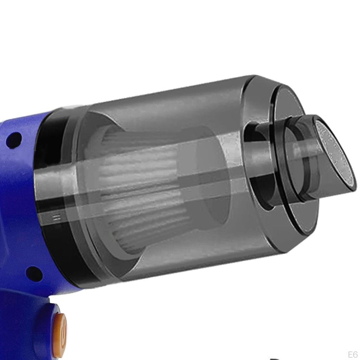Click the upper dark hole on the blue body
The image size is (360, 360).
tap(14, 139)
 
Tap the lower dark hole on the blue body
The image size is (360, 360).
tap(34, 274)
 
